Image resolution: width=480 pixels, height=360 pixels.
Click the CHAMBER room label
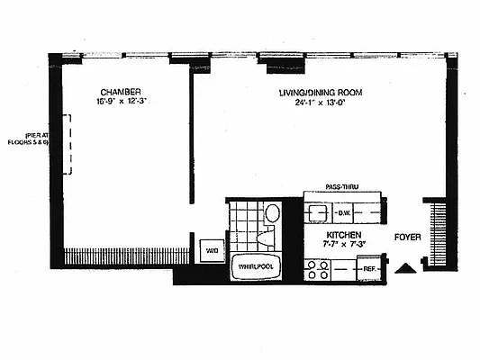coord(119,91)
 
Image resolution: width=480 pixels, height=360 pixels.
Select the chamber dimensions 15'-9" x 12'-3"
coord(119,102)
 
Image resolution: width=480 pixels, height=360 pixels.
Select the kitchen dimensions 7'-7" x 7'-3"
coord(343,244)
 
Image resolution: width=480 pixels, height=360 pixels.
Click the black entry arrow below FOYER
coord(406,266)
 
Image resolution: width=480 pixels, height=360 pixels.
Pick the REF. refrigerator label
coord(369,268)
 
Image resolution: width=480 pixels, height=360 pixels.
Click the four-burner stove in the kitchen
coord(317,269)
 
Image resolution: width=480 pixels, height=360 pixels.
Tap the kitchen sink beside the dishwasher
coord(318,213)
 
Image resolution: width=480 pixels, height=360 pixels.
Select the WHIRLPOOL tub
coord(255,266)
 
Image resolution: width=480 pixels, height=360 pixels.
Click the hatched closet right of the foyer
coord(440,230)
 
